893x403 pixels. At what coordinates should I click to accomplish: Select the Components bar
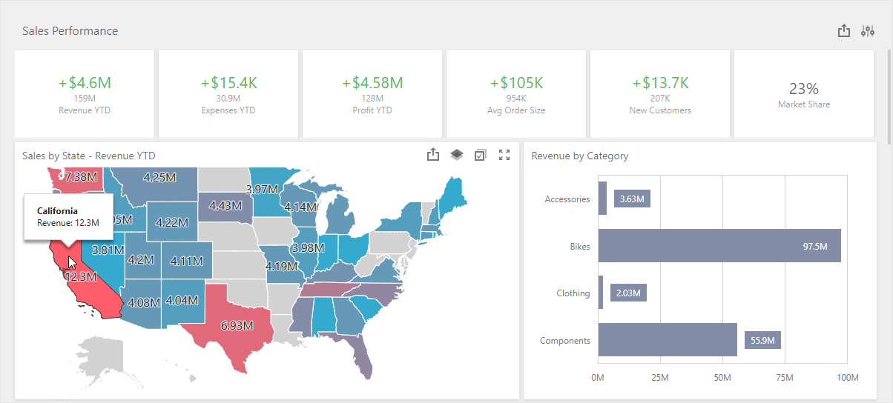[x=668, y=340]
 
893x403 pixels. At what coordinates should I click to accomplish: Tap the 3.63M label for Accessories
[x=632, y=199]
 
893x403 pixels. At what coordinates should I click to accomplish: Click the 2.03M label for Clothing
[x=628, y=293]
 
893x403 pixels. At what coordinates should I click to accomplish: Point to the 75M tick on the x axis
[x=785, y=378]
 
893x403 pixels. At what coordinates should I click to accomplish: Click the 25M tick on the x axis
[x=660, y=378]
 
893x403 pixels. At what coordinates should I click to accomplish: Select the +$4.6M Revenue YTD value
[x=85, y=83]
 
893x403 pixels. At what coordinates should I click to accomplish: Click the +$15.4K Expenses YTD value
[x=228, y=83]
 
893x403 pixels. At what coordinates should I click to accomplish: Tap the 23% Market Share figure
[x=803, y=89]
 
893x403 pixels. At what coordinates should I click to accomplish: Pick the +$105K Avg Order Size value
[x=515, y=83]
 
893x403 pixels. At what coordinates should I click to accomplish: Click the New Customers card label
[x=659, y=110]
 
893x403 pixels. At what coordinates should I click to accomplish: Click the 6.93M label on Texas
[x=237, y=325]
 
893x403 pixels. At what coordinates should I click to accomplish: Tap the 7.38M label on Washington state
[x=81, y=177]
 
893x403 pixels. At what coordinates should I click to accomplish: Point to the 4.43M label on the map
[x=225, y=205]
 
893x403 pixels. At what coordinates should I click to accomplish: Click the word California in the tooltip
[x=57, y=211]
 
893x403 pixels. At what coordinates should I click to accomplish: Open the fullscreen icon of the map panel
[x=504, y=155]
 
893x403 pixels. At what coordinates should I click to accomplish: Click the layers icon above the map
[x=457, y=155]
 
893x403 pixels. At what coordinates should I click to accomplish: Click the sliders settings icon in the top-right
[x=868, y=31]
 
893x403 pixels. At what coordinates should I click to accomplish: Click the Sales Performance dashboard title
[x=70, y=31]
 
